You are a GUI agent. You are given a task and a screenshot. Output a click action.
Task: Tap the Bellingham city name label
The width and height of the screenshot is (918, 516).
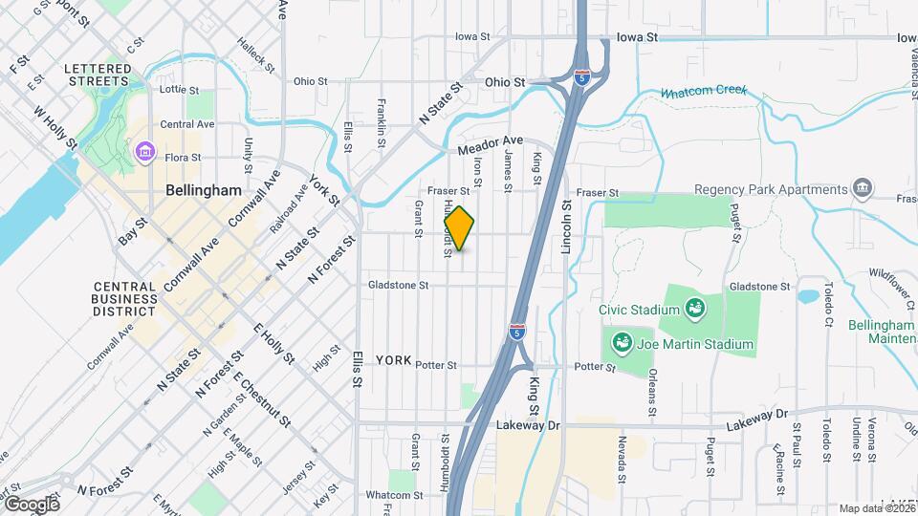204,190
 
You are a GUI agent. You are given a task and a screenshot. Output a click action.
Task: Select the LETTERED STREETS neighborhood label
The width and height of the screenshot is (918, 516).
97,75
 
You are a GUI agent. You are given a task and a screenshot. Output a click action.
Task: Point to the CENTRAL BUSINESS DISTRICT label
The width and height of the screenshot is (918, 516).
124,298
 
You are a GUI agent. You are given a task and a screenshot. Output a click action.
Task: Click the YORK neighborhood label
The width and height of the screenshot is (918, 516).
394,360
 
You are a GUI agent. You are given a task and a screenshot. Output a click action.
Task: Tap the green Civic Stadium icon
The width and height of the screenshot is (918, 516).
694,309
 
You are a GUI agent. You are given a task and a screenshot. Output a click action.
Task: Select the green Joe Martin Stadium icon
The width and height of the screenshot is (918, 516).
622,341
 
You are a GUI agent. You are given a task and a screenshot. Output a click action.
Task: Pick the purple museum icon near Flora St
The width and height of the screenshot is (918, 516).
145,151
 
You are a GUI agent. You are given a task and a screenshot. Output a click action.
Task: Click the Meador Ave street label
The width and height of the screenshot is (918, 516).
491,146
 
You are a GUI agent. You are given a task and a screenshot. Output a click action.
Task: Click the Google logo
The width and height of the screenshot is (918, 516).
32,504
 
